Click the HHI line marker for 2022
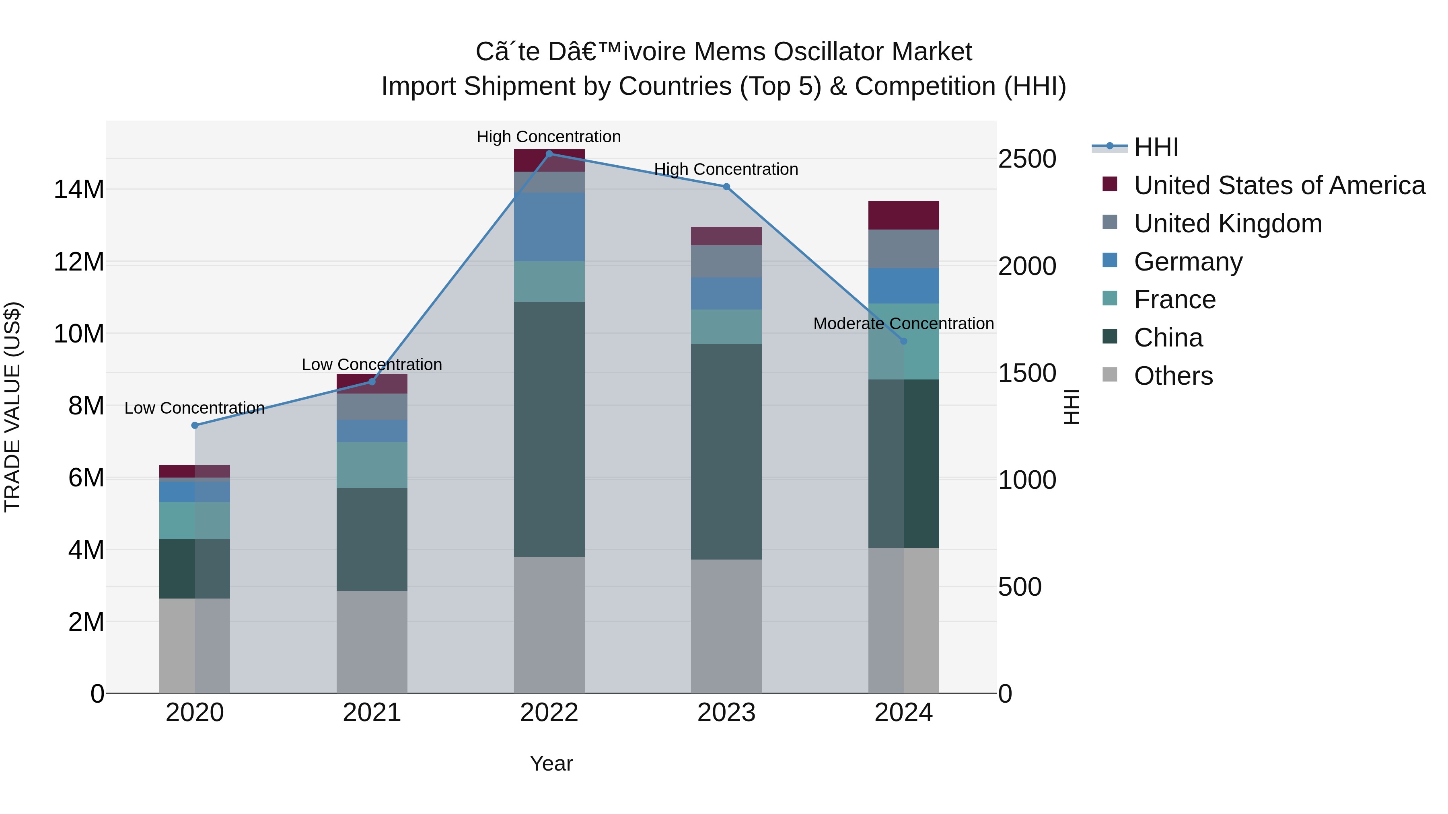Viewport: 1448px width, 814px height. [549, 154]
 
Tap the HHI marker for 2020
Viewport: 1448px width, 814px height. [195, 425]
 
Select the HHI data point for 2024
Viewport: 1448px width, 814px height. [903, 341]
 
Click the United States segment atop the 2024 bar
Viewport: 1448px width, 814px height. [903, 215]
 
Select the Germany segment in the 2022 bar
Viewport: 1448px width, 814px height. [549, 227]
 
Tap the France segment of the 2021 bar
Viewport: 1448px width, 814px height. [372, 465]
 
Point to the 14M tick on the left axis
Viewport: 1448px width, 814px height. [79, 190]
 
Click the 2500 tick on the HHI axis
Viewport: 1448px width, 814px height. [1026, 159]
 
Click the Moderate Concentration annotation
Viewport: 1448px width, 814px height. [903, 324]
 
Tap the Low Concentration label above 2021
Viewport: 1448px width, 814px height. [372, 365]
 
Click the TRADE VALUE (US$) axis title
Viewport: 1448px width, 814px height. [12, 407]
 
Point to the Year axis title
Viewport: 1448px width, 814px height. [551, 763]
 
